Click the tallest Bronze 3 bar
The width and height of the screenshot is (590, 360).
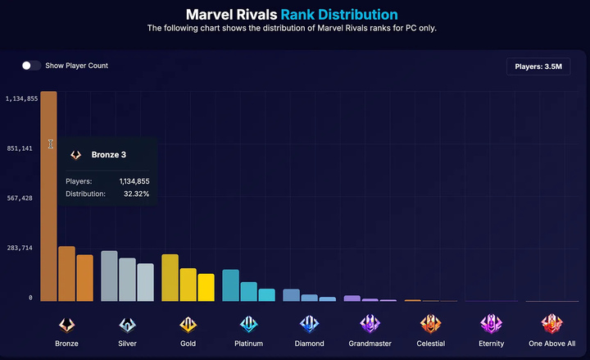[48, 197]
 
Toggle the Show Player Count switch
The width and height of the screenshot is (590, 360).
[31, 66]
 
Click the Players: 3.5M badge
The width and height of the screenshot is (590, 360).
[538, 66]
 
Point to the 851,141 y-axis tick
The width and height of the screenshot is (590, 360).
[19, 148]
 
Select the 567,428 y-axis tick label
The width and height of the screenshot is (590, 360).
[19, 198]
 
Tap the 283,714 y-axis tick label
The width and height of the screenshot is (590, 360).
[19, 248]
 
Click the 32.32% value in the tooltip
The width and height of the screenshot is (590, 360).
[136, 194]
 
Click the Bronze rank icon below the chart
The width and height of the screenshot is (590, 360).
[67, 323]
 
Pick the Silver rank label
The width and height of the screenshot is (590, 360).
[127, 344]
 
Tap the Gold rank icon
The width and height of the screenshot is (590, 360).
[188, 323]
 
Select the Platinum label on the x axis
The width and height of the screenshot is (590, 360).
[248, 344]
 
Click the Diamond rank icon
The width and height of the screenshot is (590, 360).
[309, 323]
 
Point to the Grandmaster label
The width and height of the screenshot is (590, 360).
[370, 344]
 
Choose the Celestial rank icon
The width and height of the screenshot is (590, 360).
[430, 323]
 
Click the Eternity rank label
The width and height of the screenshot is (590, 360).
[492, 344]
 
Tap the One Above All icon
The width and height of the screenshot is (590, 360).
[552, 323]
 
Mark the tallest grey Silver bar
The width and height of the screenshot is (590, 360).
[109, 276]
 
